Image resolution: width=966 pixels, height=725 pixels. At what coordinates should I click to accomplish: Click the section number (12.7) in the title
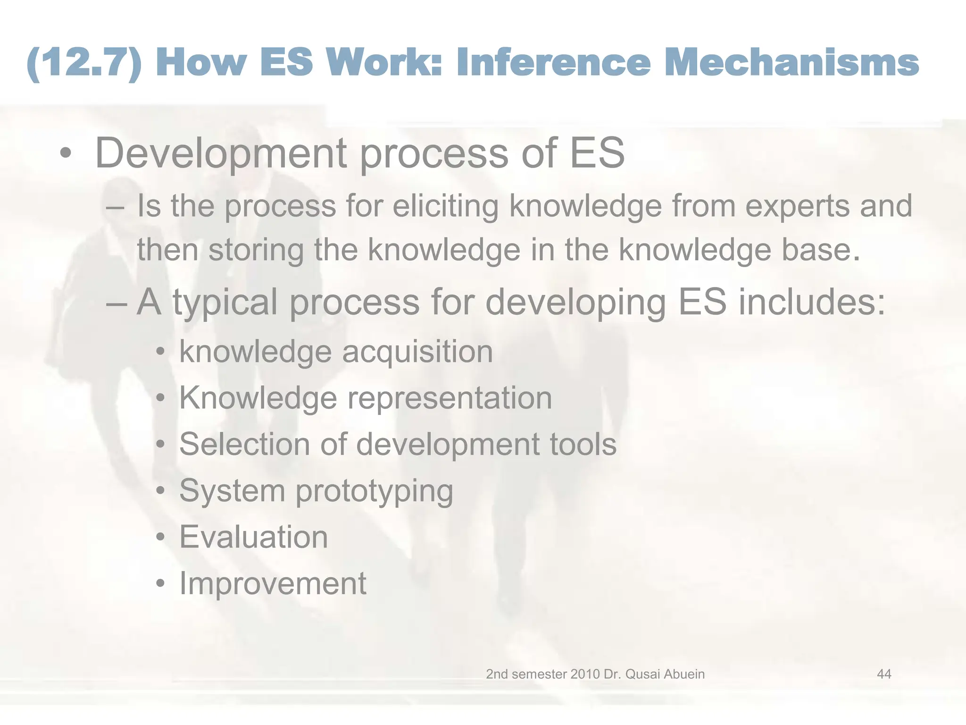click(84, 63)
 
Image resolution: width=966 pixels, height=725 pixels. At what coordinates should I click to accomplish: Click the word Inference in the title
click(553, 63)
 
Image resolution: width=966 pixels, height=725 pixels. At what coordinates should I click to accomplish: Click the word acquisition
click(417, 352)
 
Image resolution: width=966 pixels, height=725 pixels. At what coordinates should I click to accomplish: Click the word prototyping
click(374, 491)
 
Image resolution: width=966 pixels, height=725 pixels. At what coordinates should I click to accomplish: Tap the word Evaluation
click(253, 537)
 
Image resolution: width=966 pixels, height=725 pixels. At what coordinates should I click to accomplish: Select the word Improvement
click(273, 583)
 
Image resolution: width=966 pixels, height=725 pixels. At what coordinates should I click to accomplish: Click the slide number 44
click(884, 674)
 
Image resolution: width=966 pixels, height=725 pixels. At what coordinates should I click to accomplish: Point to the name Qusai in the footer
click(641, 674)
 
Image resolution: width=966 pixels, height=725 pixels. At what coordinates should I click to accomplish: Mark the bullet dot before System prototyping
click(161, 491)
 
